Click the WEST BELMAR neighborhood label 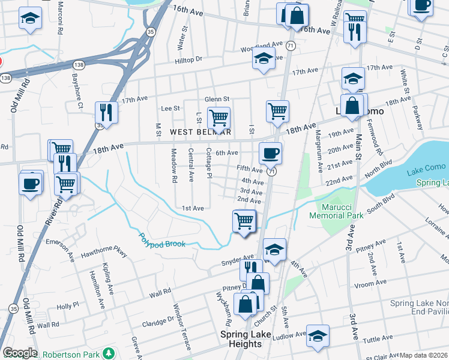200,131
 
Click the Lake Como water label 424,173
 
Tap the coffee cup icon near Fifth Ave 270,153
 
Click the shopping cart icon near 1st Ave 244,220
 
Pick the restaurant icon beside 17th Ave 106,112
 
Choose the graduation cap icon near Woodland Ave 263,59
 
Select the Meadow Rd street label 173,166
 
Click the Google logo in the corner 20,353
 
